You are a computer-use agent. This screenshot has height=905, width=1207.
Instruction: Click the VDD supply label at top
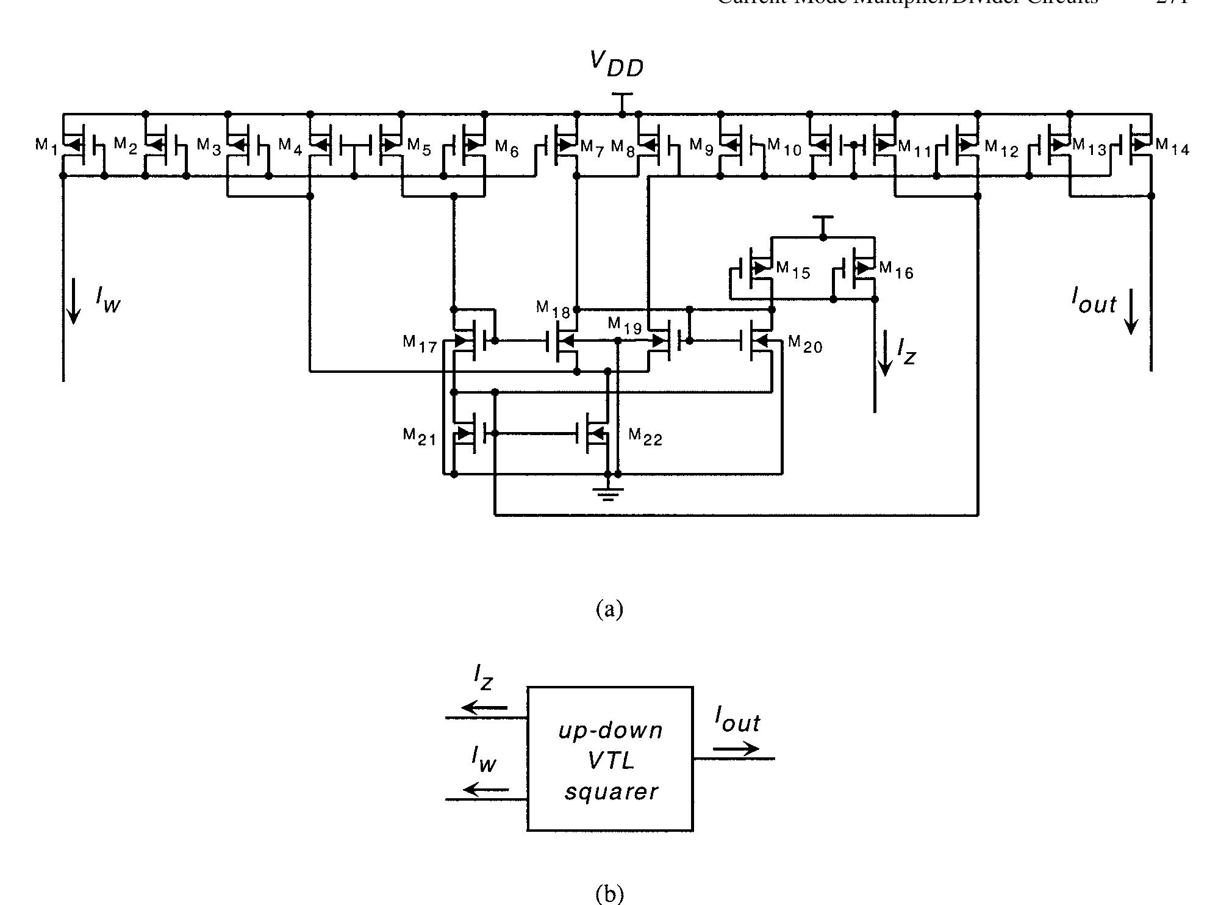pyautogui.click(x=616, y=64)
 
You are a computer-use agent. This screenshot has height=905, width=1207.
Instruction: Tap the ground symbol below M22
pyautogui.click(x=607, y=493)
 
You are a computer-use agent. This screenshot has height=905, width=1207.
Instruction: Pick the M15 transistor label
pyautogui.click(x=793, y=270)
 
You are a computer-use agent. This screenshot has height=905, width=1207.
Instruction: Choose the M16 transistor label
pyautogui.click(x=896, y=270)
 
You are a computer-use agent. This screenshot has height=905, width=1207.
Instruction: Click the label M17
pyautogui.click(x=420, y=344)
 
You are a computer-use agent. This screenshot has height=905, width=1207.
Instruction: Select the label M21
pyautogui.click(x=420, y=436)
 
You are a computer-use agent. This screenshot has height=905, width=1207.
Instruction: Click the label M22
pyautogui.click(x=645, y=436)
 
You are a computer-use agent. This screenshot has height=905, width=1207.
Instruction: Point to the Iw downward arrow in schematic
pyautogui.click(x=73, y=300)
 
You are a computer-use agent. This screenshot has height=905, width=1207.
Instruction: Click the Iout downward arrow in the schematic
pyautogui.click(x=1131, y=311)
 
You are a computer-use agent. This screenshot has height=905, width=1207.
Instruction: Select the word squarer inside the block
pyautogui.click(x=611, y=791)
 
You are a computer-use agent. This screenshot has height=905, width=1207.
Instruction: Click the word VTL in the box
pyautogui.click(x=611, y=761)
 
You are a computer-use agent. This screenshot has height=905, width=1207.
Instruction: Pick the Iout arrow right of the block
pyautogui.click(x=737, y=749)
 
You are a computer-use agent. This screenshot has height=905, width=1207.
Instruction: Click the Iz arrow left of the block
pyautogui.click(x=484, y=707)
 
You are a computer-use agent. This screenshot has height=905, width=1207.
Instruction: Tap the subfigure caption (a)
pyautogui.click(x=609, y=608)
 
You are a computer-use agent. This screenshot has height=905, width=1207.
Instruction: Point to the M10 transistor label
pyautogui.click(x=784, y=147)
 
